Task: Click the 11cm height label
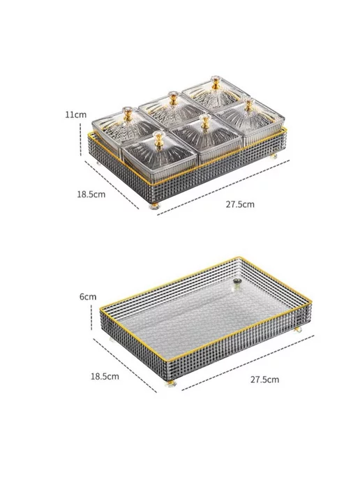pos(75,115)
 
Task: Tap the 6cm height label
pos(88,297)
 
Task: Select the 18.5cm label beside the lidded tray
pos(91,195)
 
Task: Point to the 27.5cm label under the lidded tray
pos(240,204)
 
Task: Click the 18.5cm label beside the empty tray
pos(105,376)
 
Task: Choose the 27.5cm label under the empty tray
pos(265,380)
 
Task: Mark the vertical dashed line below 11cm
pos(80,140)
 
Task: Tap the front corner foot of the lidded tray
pos(155,206)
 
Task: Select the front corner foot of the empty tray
pos(170,383)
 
